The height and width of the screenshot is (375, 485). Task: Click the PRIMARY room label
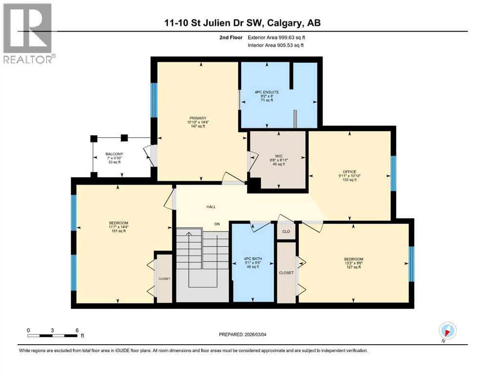click(x=199, y=118)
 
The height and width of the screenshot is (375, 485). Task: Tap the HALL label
click(x=211, y=207)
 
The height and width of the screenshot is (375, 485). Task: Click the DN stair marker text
click(x=217, y=224)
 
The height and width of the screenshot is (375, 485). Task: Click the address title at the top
click(x=243, y=23)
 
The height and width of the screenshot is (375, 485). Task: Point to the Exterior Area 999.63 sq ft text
click(x=279, y=38)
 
